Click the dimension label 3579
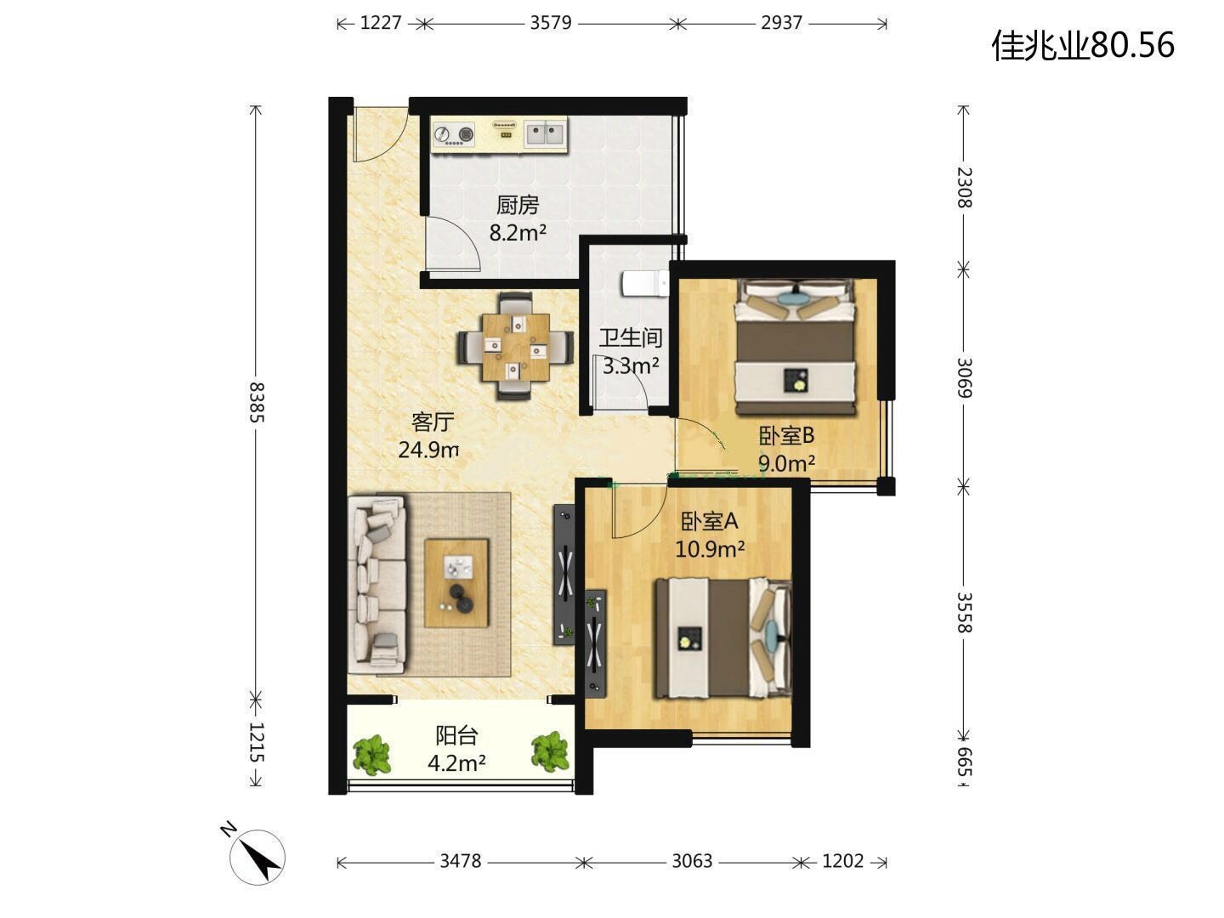(x=551, y=23)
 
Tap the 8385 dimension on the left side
(x=257, y=402)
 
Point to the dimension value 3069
(x=964, y=378)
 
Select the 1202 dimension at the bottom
(x=842, y=861)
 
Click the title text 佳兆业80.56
(x=1083, y=44)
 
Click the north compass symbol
(x=256, y=855)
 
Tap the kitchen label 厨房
(x=518, y=205)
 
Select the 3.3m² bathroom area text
(x=631, y=365)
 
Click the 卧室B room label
(x=786, y=435)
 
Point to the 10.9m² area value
(x=710, y=549)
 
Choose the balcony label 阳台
(x=456, y=736)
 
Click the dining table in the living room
(x=515, y=347)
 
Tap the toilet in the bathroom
(x=645, y=284)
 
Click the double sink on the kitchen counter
(x=545, y=134)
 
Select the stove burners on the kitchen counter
(x=454, y=135)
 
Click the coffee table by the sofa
(x=456, y=583)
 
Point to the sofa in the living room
(x=377, y=585)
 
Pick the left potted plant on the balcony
(x=372, y=755)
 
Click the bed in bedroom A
(x=723, y=637)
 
